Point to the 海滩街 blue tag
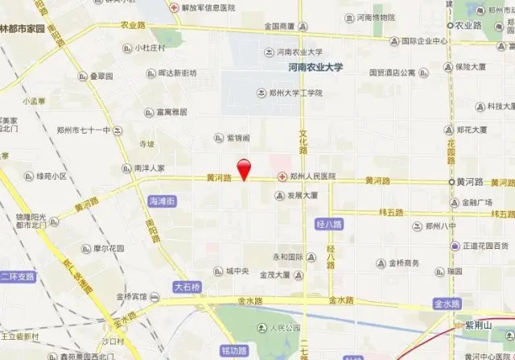point(163,201)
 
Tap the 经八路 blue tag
point(330,223)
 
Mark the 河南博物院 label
point(376,17)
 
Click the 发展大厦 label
point(302,196)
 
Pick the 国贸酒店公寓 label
point(392,72)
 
